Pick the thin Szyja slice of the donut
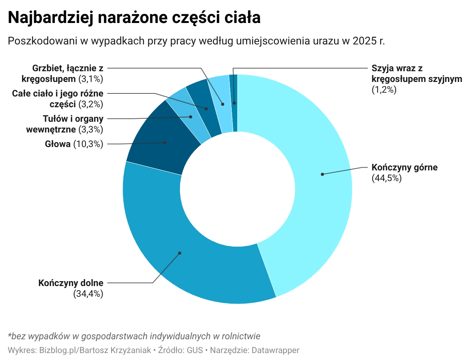234,103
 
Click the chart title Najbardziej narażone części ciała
134,18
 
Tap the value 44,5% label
387,178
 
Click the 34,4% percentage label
88,294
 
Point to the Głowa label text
58,144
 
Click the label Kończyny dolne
71,283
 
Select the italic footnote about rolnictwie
134,336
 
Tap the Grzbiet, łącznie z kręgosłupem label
68,74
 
